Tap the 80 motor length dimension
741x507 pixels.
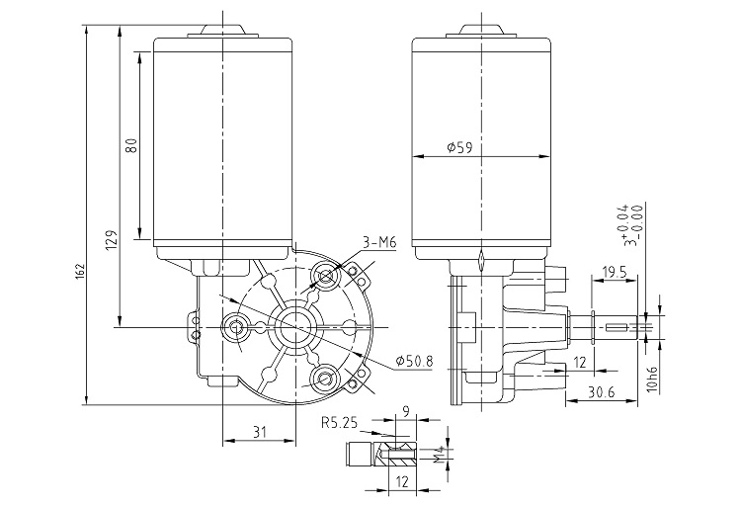point(130,146)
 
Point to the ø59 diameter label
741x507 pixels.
point(459,147)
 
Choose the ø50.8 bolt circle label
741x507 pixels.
point(413,360)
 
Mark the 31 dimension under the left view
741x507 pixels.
point(259,431)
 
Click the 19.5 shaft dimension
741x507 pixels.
point(616,270)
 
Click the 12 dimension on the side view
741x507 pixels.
point(580,363)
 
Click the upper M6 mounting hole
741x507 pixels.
point(325,274)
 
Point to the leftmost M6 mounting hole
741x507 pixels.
point(235,326)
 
